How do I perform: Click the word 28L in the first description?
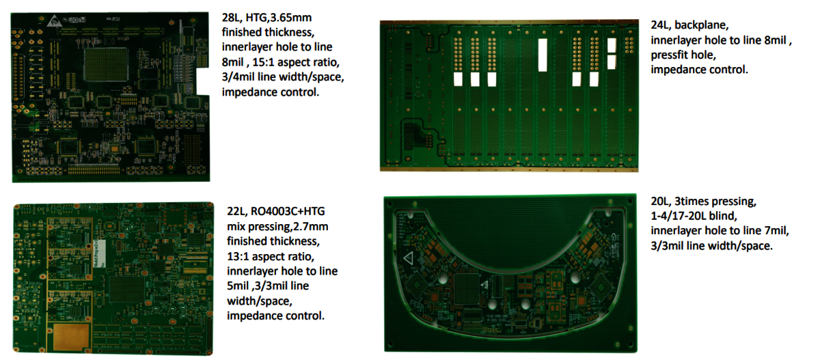click(232, 18)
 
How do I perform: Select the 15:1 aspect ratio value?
click(263, 62)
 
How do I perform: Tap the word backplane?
click(701, 25)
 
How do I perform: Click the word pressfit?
click(668, 55)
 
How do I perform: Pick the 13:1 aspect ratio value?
click(238, 256)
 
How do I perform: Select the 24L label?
click(660, 25)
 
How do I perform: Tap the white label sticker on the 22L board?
click(100, 253)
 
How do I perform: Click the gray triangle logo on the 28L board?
click(54, 22)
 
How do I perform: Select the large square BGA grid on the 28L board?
click(106, 64)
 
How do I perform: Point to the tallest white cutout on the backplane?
click(543, 55)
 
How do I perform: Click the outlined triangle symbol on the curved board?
click(409, 258)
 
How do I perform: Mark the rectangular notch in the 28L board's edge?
click(203, 81)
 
